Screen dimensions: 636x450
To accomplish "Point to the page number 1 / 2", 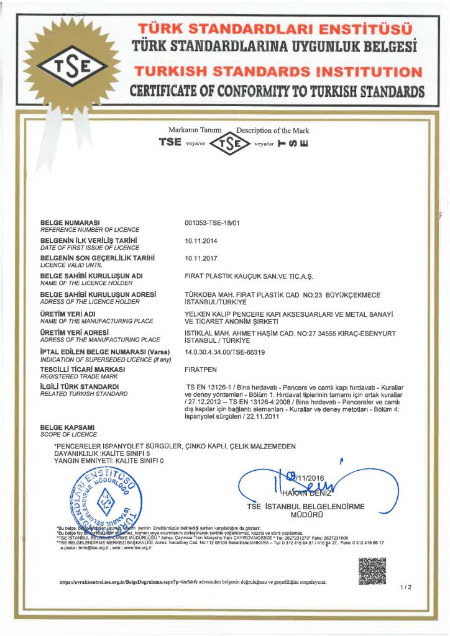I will pyautogui.click(x=406, y=587).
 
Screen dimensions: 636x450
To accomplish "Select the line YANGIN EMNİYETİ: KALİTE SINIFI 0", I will pyautogui.click(x=109, y=461).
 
